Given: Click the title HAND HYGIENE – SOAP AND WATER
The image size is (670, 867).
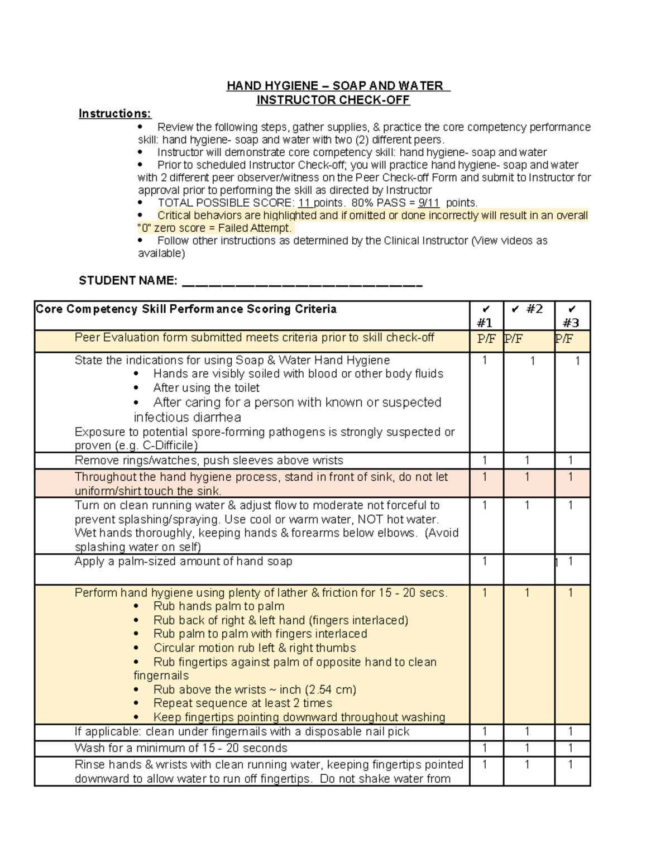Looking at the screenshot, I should (337, 86).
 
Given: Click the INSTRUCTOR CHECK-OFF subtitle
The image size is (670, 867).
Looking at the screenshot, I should (333, 100).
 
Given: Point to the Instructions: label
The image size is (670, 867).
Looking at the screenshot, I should (114, 114).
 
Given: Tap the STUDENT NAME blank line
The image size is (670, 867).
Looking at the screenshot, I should (302, 284).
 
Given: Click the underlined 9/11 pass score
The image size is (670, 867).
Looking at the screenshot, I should (428, 203).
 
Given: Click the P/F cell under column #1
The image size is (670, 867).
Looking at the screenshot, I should (486, 339).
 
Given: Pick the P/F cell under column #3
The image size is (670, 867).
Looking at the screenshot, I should (564, 339).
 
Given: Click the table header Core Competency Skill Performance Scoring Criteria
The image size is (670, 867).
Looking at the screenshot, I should (186, 309).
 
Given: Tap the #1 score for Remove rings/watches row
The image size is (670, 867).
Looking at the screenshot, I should (485, 461).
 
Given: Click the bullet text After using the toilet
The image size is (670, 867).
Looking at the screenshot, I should (206, 388).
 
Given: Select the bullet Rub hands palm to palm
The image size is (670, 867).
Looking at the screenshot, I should (219, 606).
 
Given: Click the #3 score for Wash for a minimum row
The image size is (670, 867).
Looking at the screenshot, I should (571, 748).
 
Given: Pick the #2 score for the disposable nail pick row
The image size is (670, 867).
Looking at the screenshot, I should (527, 732).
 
